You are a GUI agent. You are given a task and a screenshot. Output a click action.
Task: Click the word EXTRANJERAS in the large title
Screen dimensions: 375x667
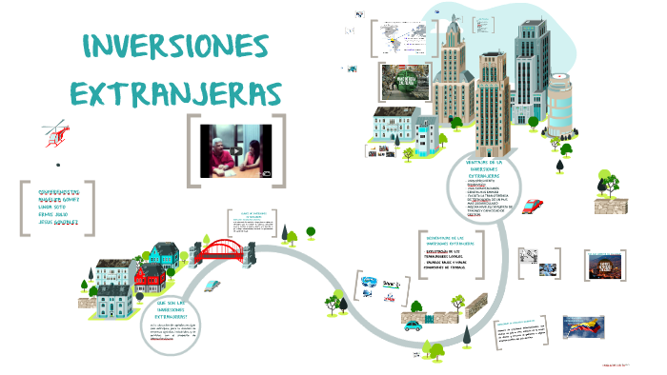pos(176,94)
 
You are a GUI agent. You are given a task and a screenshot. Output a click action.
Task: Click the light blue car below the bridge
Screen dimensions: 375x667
pos(219,284)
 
